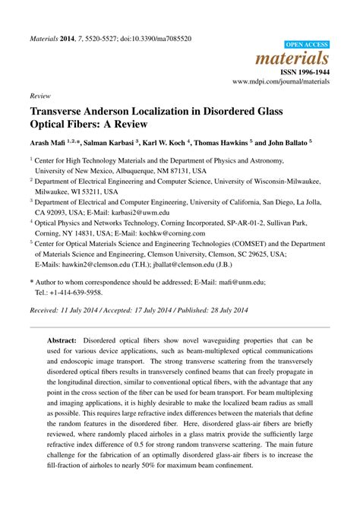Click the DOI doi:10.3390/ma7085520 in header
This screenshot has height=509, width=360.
click(x=157, y=37)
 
